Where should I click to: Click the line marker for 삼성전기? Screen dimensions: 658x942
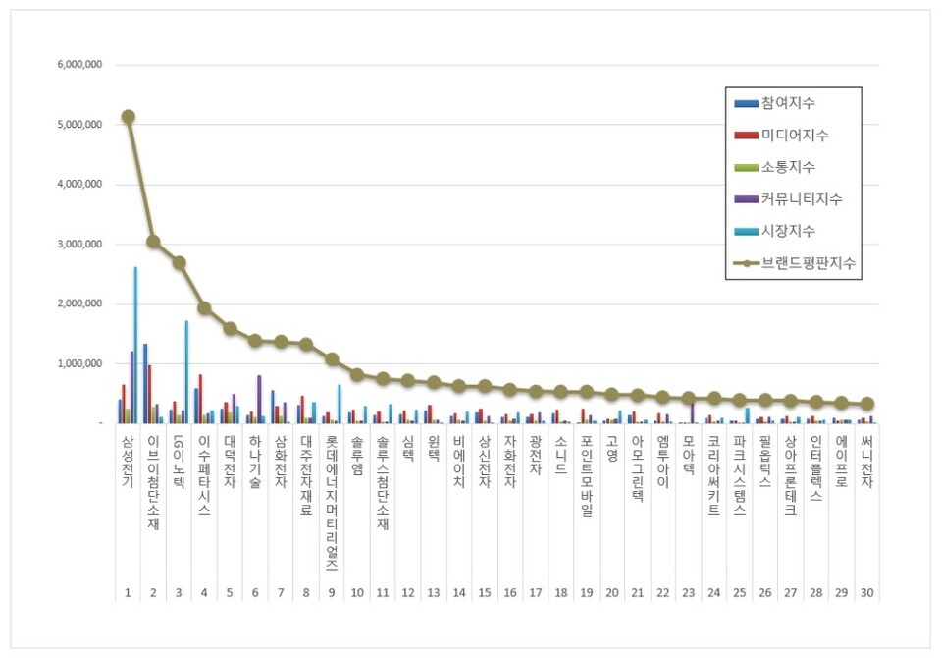128,116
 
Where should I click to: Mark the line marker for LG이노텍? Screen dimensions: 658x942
179,262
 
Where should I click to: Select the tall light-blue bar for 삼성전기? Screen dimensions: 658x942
135,344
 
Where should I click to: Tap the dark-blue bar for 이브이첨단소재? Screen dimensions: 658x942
145,383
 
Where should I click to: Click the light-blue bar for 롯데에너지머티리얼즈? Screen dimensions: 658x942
340,404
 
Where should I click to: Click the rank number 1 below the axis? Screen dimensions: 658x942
128,592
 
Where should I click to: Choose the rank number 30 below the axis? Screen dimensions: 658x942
867,592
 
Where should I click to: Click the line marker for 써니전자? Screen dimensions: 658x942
867,404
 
